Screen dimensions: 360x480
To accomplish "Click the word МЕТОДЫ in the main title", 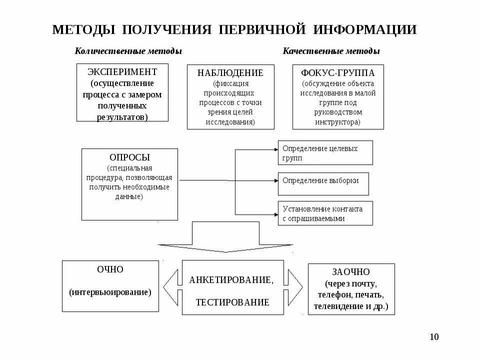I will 84,29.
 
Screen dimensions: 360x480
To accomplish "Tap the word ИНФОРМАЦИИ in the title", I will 365,29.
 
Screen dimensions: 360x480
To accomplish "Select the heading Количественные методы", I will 128,51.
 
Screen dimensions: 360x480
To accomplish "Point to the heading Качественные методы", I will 331,51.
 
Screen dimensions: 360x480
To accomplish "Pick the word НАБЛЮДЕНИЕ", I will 230,73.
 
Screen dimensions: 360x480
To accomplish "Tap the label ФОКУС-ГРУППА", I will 338,73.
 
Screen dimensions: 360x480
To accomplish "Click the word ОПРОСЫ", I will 129,157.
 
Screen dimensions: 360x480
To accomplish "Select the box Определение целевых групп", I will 325,153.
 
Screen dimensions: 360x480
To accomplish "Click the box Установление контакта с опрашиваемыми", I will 325,213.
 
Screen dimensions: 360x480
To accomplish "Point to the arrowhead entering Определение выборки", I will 275,179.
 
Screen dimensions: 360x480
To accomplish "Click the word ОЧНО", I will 110,269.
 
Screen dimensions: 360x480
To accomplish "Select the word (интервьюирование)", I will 110,291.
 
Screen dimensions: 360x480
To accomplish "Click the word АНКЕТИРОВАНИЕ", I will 231,280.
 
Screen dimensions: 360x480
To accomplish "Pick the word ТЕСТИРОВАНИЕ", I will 232,302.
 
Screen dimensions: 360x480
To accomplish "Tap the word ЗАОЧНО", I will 351,272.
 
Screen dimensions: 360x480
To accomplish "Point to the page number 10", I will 433,336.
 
